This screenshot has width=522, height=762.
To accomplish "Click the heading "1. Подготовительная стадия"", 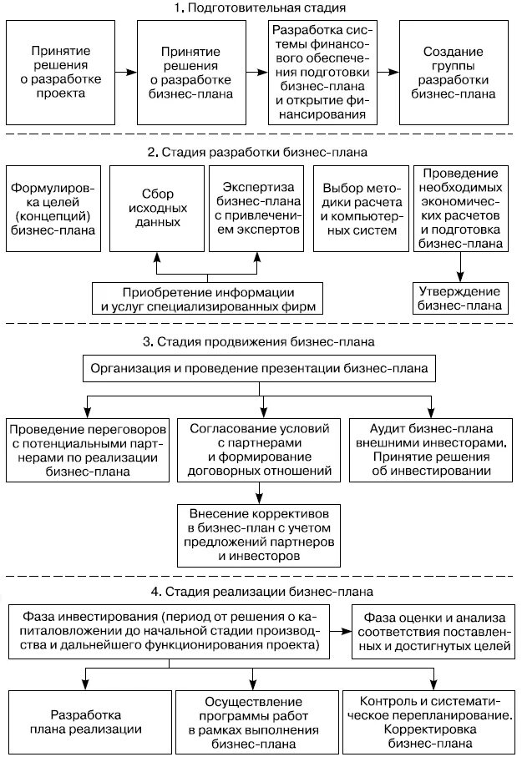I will click(x=261, y=9).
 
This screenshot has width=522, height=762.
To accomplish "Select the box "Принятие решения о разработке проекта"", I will click(x=59, y=73).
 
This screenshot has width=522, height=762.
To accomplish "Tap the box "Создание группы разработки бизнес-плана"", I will click(x=454, y=73).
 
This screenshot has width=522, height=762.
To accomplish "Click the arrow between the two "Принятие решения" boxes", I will click(x=125, y=73).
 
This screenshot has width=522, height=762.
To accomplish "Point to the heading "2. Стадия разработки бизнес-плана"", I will click(x=261, y=153).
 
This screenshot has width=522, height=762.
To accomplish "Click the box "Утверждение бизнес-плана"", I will click(x=459, y=298).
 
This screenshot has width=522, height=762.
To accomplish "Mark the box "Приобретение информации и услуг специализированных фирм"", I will click(x=208, y=298).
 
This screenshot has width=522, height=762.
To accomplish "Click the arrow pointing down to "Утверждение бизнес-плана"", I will click(x=459, y=268).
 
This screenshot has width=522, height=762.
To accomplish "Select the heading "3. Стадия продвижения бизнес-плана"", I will click(x=261, y=342).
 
